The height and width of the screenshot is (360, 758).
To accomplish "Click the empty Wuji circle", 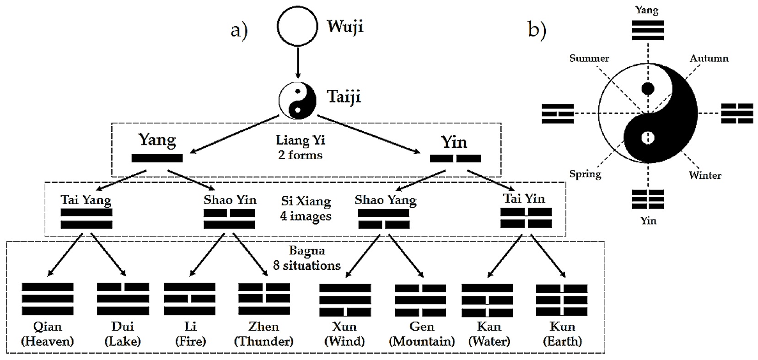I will (297, 26).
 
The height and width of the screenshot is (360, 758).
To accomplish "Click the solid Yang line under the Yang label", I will (157, 158).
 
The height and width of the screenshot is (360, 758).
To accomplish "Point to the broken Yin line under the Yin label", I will (455, 159).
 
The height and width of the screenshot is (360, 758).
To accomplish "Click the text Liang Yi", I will (300, 140).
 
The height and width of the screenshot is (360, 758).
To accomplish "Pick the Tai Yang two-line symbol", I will (86, 219).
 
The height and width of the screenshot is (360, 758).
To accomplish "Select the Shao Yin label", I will (230, 200).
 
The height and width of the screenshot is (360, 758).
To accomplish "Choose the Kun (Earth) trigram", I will (562, 301).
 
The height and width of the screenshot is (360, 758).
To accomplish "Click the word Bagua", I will (307, 250).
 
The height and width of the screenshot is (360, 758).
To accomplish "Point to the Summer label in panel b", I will (589, 59).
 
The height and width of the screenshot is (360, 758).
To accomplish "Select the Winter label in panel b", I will (705, 175).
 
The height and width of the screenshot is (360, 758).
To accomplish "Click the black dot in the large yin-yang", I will (648, 89).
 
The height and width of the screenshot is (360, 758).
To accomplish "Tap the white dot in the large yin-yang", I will (648, 137).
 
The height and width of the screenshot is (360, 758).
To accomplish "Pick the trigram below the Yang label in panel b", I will (648, 30).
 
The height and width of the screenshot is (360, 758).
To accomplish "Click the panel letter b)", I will (537, 30).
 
